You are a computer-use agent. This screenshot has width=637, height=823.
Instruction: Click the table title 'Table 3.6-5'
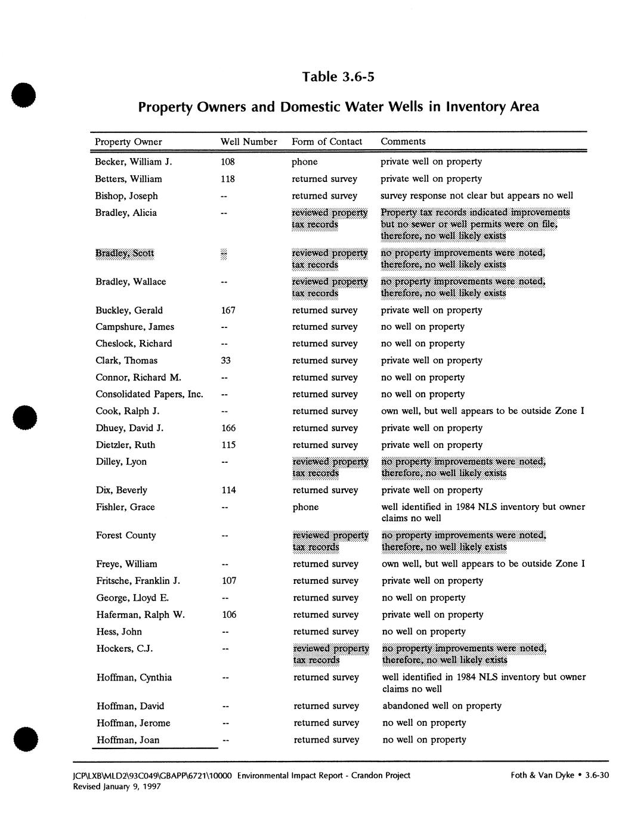[338, 77]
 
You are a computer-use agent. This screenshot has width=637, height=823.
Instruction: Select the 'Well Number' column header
[249, 142]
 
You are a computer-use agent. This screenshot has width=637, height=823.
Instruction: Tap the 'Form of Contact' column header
[327, 142]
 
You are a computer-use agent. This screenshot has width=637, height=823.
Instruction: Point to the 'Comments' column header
[403, 141]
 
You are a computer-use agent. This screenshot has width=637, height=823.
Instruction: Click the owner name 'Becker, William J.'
[134, 162]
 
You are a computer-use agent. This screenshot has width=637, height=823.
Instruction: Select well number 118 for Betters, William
[227, 179]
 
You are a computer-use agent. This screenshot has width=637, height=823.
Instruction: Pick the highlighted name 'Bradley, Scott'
[125, 253]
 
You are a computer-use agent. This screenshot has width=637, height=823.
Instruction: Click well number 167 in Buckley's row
[228, 310]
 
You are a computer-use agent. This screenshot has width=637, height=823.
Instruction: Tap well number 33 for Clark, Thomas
[225, 360]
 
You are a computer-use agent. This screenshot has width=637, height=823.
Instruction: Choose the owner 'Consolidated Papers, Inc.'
[150, 394]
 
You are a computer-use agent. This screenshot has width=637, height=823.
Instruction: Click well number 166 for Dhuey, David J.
[228, 428]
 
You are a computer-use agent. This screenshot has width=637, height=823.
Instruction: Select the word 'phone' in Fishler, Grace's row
[305, 507]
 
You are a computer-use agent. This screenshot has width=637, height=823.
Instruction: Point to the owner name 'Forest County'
[126, 536]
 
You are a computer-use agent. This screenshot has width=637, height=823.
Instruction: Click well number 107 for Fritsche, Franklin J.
[229, 581]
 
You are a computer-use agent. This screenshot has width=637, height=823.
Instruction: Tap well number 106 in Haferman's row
[229, 615]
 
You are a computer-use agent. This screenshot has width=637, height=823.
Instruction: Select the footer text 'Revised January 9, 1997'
[117, 787]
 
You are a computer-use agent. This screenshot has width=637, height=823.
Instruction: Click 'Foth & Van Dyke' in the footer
[542, 775]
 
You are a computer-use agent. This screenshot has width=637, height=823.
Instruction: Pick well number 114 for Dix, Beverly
[228, 490]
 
